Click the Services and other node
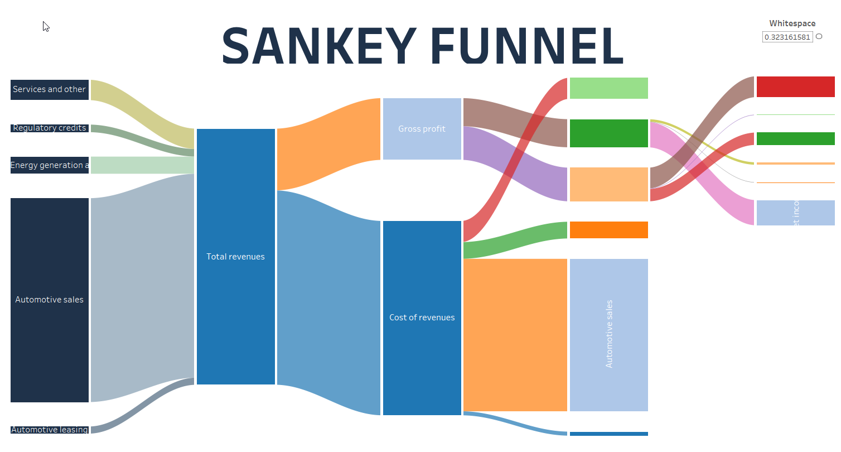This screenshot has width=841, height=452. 49,89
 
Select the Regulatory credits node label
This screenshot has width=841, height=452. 49,128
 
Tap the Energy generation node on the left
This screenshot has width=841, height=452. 49,165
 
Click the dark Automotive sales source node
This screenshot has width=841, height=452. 49,300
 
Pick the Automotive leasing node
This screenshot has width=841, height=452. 49,430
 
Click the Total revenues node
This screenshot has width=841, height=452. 235,257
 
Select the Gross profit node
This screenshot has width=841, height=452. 422,129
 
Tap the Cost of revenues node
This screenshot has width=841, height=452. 422,318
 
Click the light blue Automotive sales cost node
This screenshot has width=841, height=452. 608,335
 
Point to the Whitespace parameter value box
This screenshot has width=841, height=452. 787,37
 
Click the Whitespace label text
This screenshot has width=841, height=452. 792,23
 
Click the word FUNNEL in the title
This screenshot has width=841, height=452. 527,46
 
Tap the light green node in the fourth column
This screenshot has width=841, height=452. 608,88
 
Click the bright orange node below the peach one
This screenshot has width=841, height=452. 608,230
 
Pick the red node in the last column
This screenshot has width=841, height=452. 795,87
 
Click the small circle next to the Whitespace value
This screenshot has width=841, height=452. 819,36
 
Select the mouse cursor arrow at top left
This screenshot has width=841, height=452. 46,26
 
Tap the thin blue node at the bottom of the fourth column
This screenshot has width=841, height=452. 608,434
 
